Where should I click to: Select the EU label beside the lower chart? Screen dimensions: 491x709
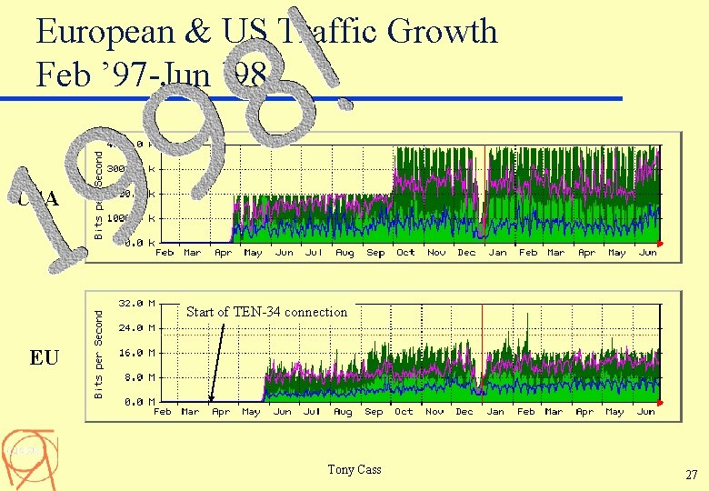(x=44, y=357)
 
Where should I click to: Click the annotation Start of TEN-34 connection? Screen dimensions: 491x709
(x=266, y=312)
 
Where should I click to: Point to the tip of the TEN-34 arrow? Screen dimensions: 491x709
(x=211, y=400)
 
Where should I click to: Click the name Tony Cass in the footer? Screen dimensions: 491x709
(x=354, y=469)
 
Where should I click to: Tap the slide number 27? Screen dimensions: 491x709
(x=691, y=474)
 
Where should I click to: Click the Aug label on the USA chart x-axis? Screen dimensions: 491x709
(x=345, y=253)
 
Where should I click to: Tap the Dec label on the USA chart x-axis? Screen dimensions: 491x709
(x=466, y=253)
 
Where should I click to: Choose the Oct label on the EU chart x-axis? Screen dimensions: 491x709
(x=404, y=412)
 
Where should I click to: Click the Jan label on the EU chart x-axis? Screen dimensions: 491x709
(x=495, y=412)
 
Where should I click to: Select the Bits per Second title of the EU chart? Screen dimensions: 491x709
(x=100, y=350)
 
